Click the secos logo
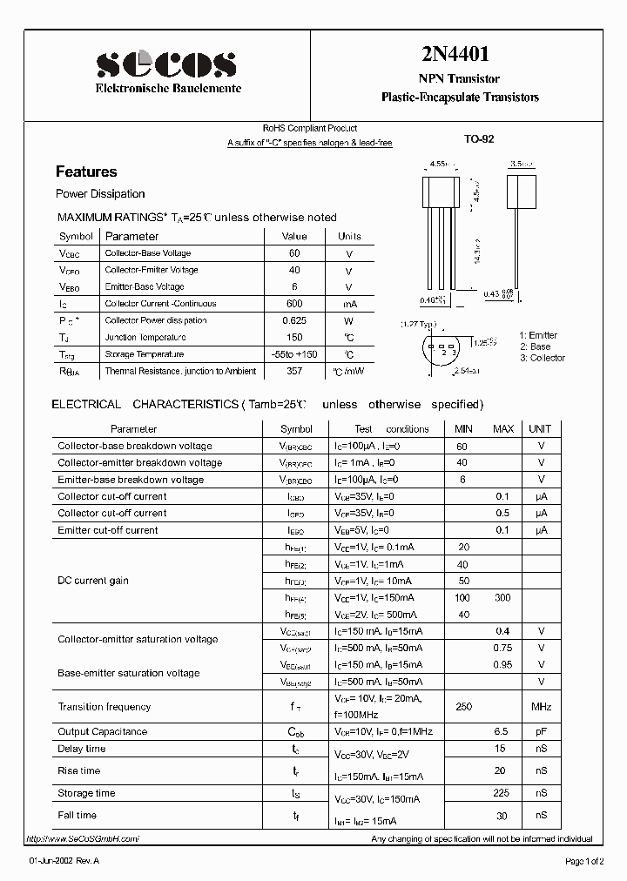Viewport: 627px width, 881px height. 165,65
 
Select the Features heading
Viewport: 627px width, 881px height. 86,171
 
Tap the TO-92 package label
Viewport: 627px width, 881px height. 479,138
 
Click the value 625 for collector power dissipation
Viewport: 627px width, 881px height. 294,320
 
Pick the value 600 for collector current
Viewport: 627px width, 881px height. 294,304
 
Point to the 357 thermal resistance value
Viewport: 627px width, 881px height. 294,371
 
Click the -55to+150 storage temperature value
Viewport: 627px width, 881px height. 294,354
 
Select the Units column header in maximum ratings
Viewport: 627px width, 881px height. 349,236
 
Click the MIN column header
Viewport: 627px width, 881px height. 463,429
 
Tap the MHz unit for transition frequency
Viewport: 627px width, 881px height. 541,707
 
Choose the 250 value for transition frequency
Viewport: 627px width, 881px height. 463,707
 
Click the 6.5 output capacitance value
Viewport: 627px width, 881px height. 502,732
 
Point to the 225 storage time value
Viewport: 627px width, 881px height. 502,793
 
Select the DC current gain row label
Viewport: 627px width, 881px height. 93,581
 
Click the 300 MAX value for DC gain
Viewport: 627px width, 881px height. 502,597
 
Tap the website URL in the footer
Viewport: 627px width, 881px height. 83,838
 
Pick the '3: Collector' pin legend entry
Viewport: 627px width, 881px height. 542,358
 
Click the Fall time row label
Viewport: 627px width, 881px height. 78,815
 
